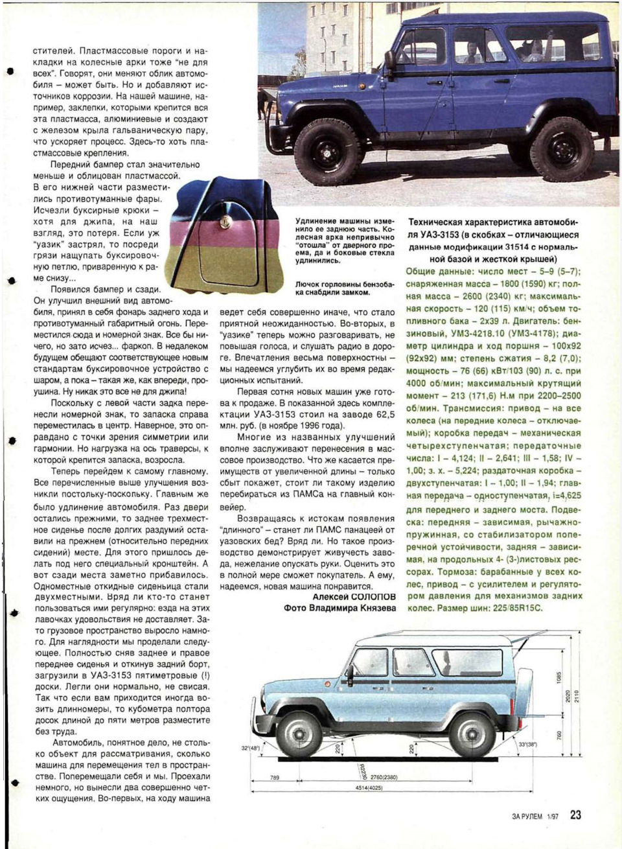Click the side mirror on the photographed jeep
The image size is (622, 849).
(390, 60)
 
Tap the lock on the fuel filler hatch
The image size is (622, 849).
(224, 222)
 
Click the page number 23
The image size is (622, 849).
(575, 815)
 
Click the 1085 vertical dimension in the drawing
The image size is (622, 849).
(558, 676)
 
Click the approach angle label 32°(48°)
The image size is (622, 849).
(250, 748)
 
